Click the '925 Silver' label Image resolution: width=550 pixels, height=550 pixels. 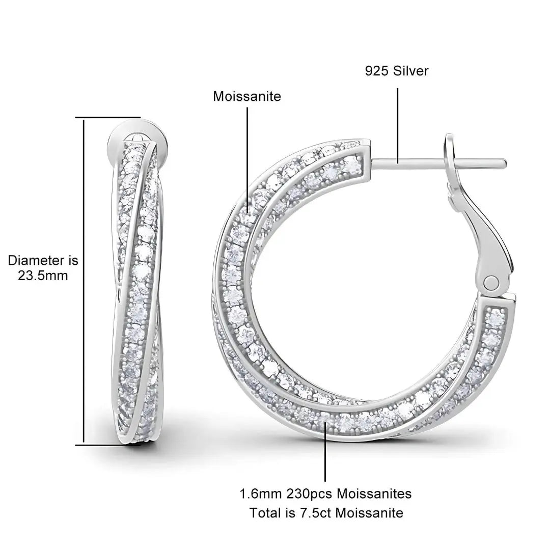[397, 71]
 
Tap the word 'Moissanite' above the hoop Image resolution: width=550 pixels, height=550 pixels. [247, 96]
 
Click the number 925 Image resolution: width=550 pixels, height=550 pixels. [377, 71]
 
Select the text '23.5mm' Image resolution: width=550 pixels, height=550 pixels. [43, 276]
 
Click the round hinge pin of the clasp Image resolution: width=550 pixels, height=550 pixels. [491, 282]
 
